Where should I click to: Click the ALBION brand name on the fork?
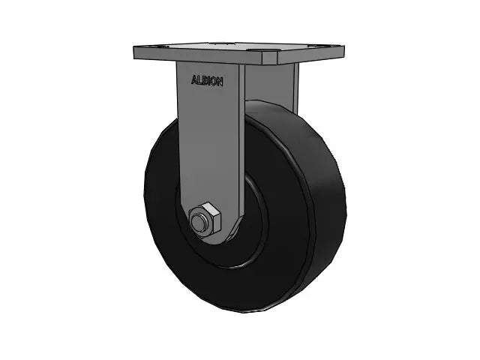click(207, 79)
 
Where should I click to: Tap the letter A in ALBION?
click(194, 79)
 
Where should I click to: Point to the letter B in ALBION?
click(205, 79)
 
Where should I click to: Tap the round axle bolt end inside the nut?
click(199, 222)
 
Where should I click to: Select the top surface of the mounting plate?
click(240, 51)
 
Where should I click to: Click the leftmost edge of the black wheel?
click(145, 202)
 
